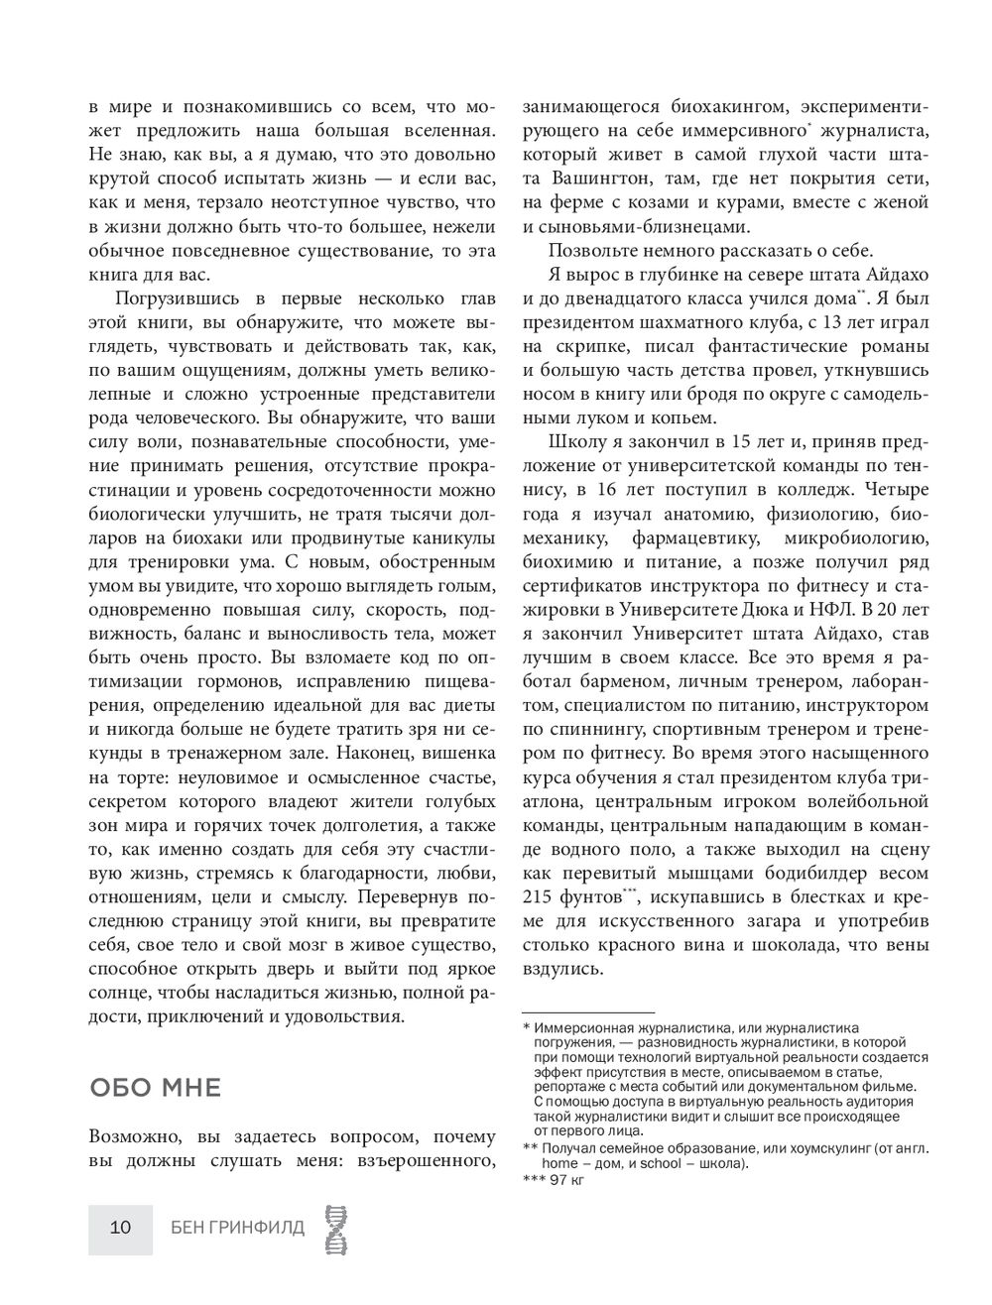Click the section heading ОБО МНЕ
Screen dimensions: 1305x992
155,1089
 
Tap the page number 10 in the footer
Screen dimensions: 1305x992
120,1229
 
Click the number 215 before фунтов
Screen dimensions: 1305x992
540,897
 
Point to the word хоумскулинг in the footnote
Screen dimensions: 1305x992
827,1148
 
